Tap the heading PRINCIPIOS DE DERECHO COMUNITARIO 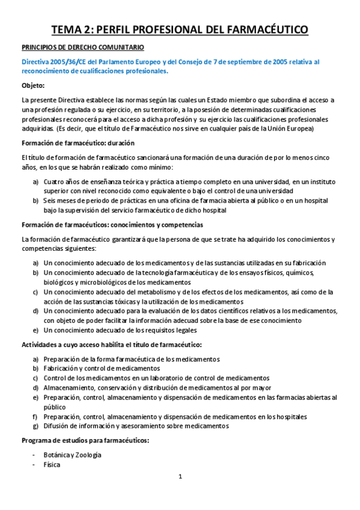[83, 46]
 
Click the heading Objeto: [33, 85]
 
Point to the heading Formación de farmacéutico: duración [78, 143]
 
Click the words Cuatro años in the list [63, 181]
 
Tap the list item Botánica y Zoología [72, 455]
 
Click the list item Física [52, 464]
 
